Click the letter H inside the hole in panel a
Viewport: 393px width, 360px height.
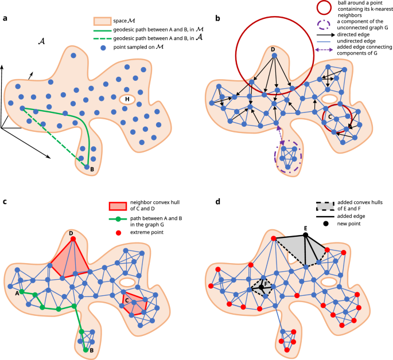(127, 99)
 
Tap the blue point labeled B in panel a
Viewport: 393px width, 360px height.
(87, 167)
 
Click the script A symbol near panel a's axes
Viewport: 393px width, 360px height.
(41, 41)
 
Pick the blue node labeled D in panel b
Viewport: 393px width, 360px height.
(274, 56)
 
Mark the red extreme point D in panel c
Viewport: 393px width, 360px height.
(73, 239)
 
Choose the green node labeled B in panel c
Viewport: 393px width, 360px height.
(85, 349)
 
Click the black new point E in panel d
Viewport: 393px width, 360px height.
(306, 235)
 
